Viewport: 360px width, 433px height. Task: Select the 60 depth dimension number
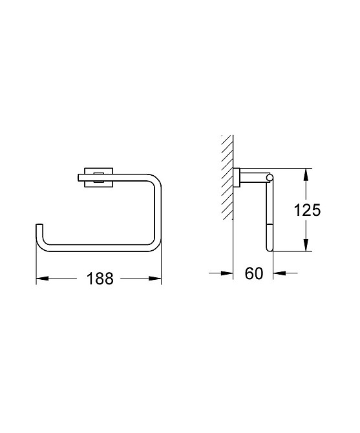(x=253, y=273)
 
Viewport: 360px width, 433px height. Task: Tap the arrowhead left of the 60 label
(x=227, y=273)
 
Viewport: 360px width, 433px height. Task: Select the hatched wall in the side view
(x=225, y=178)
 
